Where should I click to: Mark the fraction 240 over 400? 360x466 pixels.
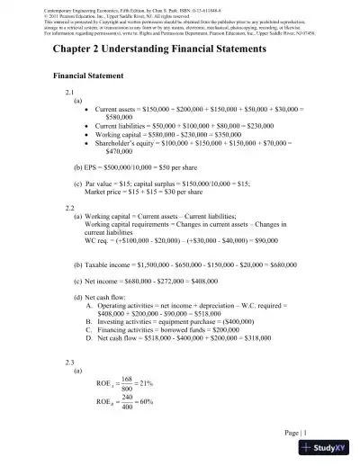click(126, 402)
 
